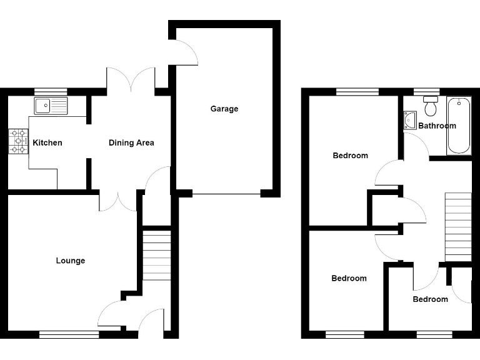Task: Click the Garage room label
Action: [224, 109]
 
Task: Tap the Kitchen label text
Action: [47, 142]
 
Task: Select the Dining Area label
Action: [131, 142]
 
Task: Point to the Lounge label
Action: [71, 261]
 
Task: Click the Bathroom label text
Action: [437, 126]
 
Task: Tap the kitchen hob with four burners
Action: [18, 141]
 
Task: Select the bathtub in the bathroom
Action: [459, 125]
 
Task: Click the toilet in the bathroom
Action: [430, 106]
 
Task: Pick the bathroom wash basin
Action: [410, 119]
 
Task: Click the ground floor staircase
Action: [157, 257]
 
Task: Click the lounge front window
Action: [69, 334]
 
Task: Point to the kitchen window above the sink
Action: [51, 92]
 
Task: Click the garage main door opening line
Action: [226, 194]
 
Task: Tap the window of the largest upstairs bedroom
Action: [357, 92]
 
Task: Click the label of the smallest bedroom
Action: [430, 299]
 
